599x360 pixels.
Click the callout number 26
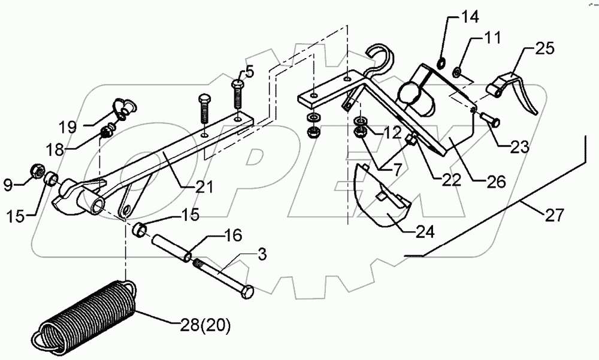tap(496, 180)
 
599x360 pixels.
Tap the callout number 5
tap(249, 72)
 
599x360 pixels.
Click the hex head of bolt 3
tap(246, 294)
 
